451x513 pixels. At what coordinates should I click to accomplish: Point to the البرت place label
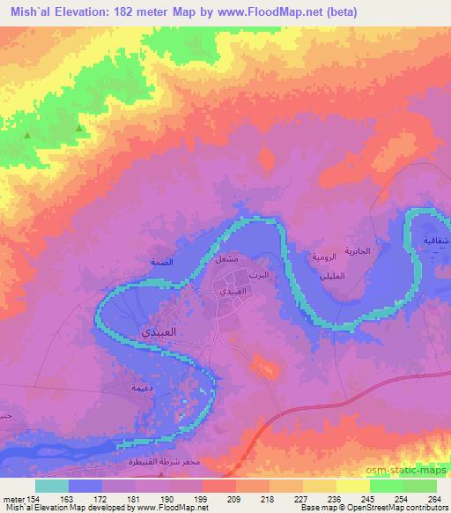262,276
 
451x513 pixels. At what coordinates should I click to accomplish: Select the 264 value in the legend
433,498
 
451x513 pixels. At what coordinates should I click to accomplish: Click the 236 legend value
324,498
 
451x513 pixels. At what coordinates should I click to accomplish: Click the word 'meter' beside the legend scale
13,498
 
